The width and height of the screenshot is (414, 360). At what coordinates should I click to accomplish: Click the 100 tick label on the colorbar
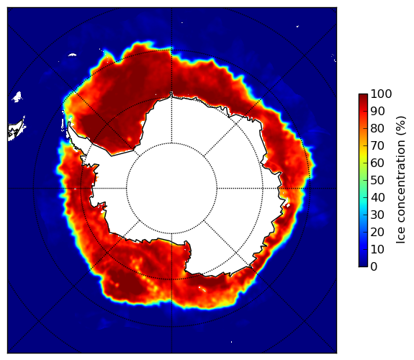381,94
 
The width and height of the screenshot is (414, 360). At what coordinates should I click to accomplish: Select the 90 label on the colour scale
377,111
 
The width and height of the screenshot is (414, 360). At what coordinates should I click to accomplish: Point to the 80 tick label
377,129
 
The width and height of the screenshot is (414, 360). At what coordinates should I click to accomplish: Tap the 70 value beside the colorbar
377,145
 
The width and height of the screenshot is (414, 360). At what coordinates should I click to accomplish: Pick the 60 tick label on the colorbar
377,163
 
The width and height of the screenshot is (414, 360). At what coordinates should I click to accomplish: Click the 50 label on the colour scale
377,181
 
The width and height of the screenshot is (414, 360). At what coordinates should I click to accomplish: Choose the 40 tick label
377,197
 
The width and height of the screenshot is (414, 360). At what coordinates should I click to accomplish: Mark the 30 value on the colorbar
377,215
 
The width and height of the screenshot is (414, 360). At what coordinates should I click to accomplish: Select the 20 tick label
377,232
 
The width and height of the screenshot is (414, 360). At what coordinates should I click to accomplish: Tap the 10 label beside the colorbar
377,249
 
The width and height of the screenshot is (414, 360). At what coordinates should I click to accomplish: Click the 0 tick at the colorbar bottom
374,267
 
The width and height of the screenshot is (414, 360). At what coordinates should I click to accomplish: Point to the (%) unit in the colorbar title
400,126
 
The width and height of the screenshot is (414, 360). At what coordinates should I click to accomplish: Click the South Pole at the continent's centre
171,189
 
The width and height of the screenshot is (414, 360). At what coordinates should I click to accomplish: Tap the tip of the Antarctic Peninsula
69,123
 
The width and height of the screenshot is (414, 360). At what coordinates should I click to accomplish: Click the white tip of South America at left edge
17,130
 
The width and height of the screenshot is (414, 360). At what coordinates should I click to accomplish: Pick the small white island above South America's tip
17,96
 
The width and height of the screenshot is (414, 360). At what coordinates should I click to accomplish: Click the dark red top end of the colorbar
363,96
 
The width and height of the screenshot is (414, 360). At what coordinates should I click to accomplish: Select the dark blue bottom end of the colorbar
363,265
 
